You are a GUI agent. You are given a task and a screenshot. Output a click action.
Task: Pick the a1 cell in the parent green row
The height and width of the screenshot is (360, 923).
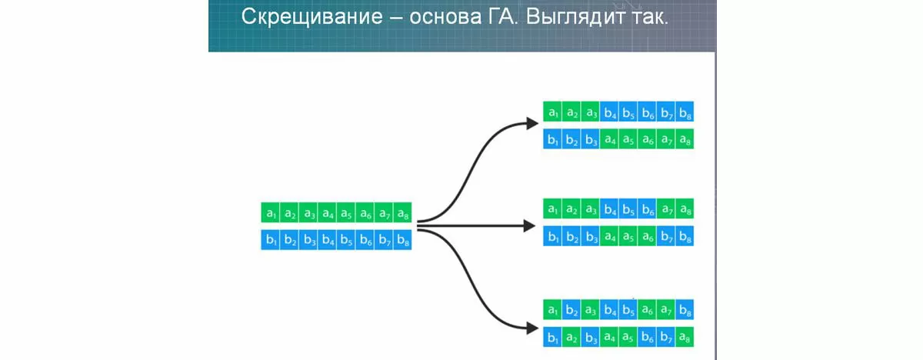pos(271,212)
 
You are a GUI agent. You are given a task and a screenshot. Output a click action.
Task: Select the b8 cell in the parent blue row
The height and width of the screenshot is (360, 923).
pos(402,241)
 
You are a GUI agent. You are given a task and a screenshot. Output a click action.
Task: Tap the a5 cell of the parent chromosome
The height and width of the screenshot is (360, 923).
pos(346,212)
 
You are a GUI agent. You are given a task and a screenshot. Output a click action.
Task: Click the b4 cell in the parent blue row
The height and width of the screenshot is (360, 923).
pos(327,241)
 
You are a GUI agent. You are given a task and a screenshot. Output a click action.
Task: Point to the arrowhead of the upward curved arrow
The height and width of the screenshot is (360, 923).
pos(531,122)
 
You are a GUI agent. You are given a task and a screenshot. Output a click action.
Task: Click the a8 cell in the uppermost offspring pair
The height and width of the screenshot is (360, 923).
pos(685,140)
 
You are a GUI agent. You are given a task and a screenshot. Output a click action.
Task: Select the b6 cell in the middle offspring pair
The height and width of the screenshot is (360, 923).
pos(647,208)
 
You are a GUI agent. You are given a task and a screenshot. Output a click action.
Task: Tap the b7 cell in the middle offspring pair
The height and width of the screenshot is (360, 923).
pos(666,236)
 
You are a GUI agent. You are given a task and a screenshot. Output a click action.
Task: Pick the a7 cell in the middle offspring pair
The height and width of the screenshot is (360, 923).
pos(666,208)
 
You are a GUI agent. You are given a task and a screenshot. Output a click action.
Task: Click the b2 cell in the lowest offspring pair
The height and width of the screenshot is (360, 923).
pos(571,309)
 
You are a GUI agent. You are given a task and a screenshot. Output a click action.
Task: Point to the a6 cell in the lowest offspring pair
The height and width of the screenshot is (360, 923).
pos(647,309)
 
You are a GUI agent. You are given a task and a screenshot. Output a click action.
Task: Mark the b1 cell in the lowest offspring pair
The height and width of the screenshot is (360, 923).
pos(552,338)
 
